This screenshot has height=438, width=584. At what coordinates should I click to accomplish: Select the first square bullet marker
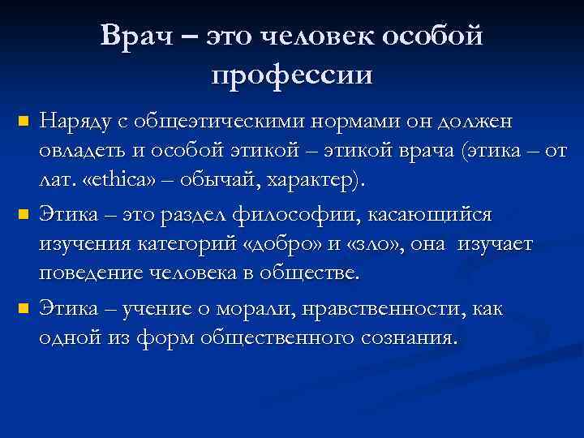[23, 122]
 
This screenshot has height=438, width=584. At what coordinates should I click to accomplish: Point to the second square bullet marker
[23, 216]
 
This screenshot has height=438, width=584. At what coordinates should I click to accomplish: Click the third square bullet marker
[23, 309]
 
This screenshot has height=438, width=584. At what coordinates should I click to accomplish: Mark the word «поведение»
[92, 273]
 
